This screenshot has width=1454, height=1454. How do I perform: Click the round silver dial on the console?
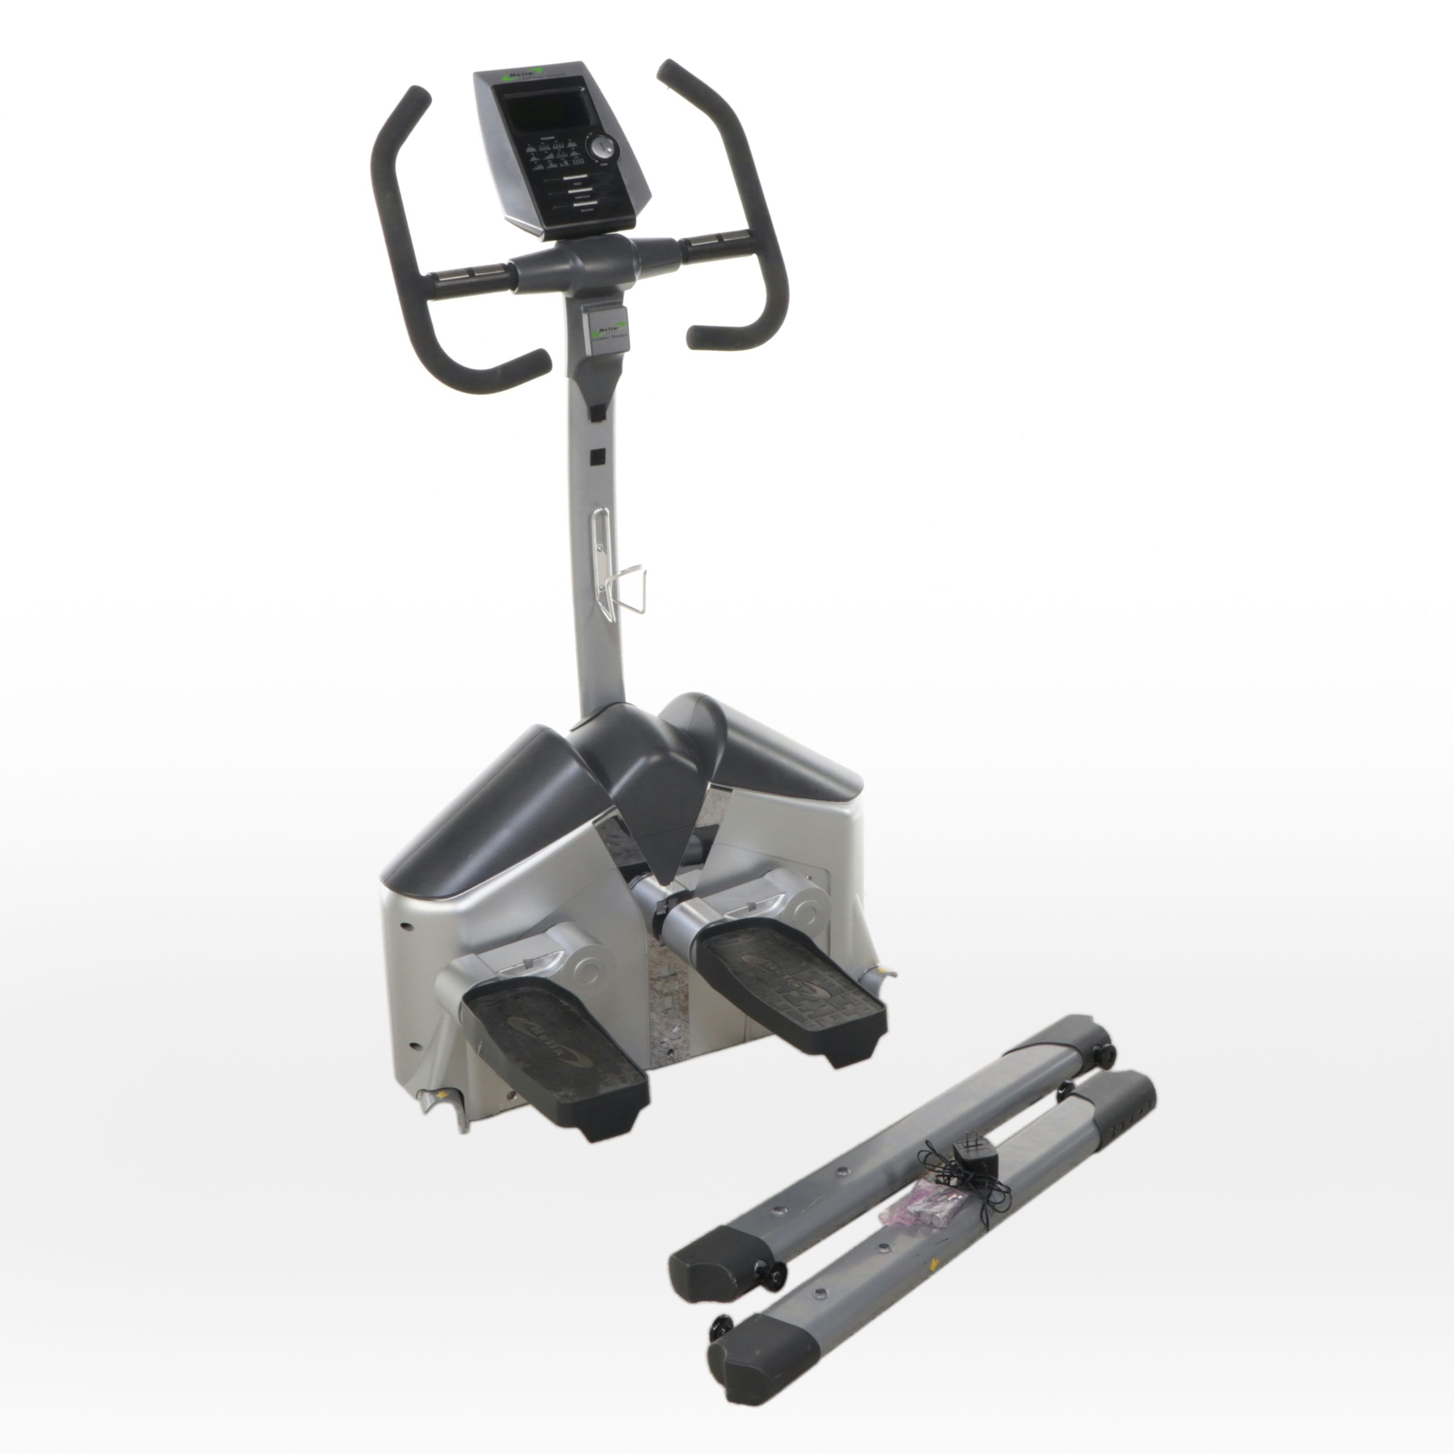602,147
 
